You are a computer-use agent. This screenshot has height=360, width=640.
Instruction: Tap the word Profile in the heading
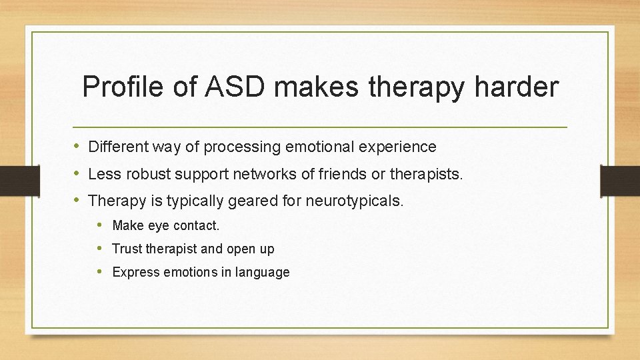click(119, 87)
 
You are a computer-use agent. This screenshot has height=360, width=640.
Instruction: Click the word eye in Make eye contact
click(159, 226)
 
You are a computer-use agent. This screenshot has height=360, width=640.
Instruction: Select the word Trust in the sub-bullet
click(127, 249)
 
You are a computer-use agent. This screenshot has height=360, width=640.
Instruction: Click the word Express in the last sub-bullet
click(136, 272)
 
